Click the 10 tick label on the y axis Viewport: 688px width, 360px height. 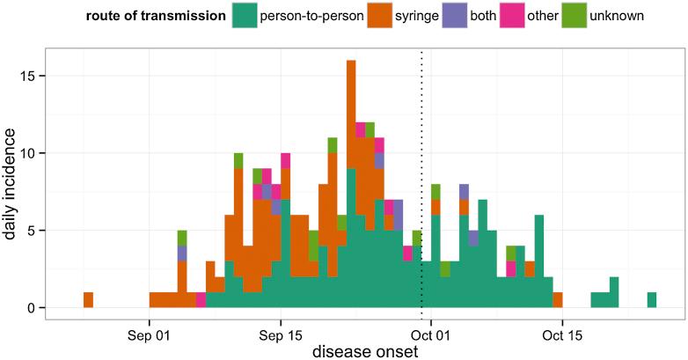(x=33, y=153)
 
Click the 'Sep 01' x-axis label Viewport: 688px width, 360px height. (x=150, y=335)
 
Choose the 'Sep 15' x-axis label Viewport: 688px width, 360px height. (x=281, y=335)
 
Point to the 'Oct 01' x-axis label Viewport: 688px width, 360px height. (x=431, y=335)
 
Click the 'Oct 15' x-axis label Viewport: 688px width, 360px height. (x=562, y=335)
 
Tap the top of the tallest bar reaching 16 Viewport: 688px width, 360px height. (x=351, y=62)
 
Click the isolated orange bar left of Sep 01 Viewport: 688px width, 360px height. (x=88, y=300)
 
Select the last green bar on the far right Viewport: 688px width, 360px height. (x=652, y=300)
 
